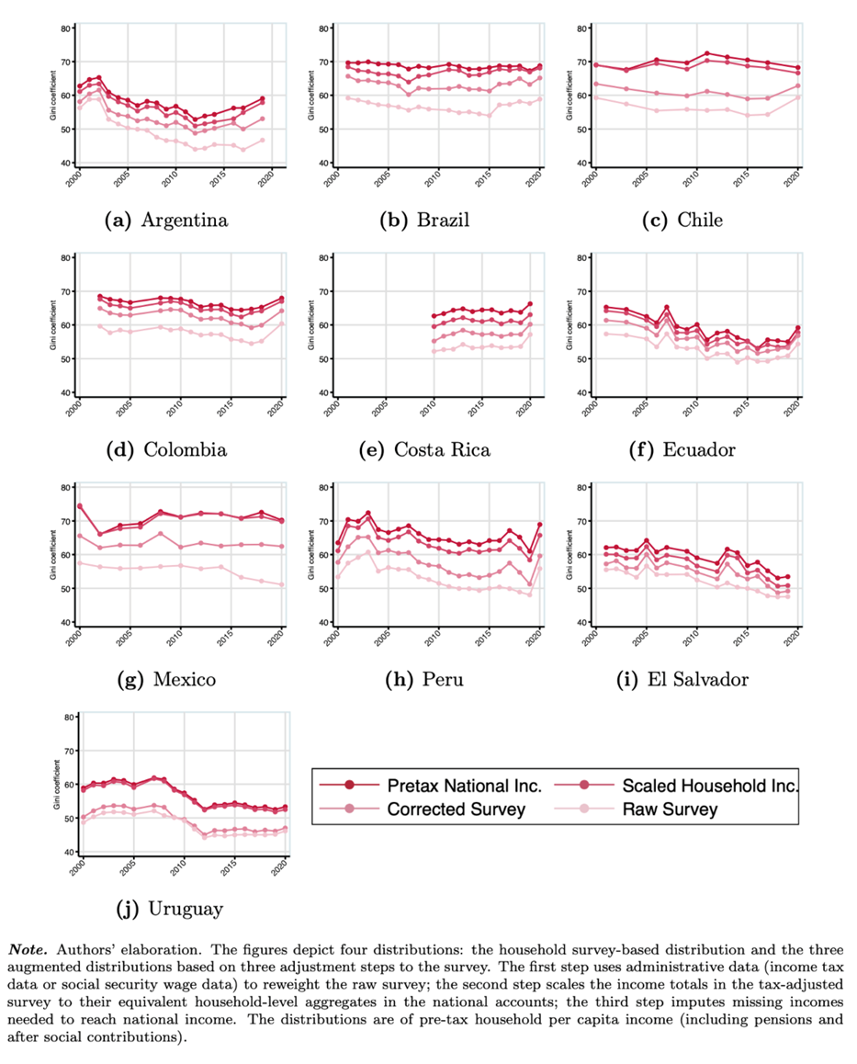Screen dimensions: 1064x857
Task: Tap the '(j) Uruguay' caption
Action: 173,910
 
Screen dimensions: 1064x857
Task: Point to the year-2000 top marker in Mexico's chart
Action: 79,506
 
